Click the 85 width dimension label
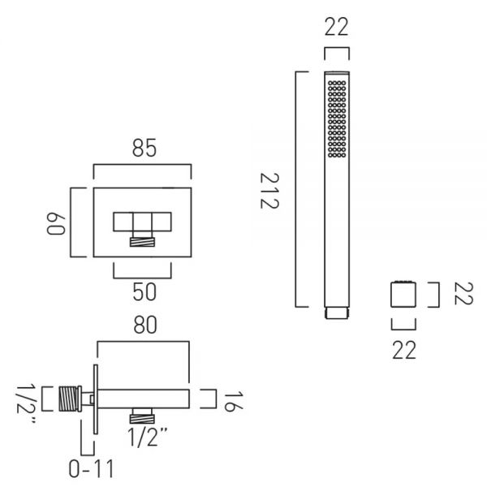coord(144,148)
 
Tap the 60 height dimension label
coord(56,224)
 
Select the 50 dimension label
coord(144,292)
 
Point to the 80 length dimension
coord(145,325)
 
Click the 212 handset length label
coord(269,191)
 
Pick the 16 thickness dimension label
coord(233,402)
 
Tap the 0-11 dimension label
coord(91,468)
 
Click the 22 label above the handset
coord(337,27)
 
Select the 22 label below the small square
coord(403,350)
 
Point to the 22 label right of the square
coord(463,294)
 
